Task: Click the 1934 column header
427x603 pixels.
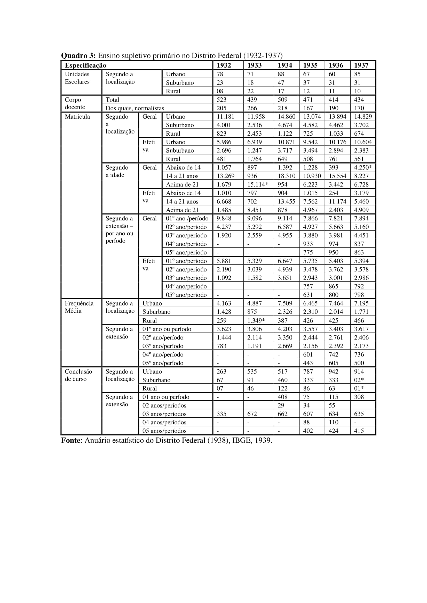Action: [285, 65]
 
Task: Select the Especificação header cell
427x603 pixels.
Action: [85, 65]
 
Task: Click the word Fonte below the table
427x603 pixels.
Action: [71, 440]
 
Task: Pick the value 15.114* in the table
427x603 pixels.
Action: [257, 184]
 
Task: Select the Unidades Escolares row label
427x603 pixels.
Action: [77, 78]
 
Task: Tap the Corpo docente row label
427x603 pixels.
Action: [75, 103]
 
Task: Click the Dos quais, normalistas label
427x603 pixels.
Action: [135, 108]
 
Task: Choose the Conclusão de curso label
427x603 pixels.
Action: [78, 375]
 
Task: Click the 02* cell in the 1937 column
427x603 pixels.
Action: [359, 380]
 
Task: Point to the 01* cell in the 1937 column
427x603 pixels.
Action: [359, 388]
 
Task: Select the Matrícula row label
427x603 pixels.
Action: [77, 117]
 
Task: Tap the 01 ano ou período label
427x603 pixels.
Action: [166, 397]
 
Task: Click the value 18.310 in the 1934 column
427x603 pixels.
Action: [286, 176]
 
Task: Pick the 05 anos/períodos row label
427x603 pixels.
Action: [164, 431]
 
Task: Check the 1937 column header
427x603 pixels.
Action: [361, 65]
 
